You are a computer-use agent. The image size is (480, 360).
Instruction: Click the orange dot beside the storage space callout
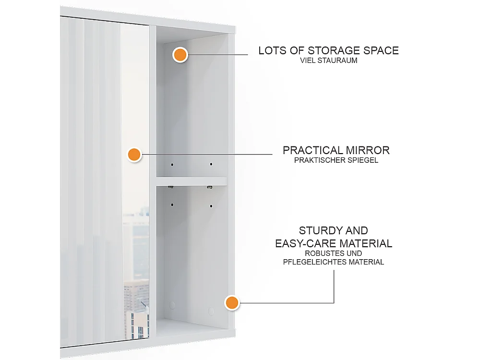click(x=180, y=55)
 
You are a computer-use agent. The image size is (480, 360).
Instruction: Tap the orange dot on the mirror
click(x=134, y=155)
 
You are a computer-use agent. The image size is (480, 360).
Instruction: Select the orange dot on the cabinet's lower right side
click(x=232, y=302)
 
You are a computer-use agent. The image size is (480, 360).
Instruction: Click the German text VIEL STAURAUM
click(x=329, y=61)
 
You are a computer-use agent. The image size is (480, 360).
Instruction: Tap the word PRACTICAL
click(x=313, y=150)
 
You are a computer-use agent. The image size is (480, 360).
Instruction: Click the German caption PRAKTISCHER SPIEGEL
click(x=336, y=160)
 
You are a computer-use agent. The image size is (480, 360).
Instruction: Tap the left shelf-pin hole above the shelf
click(x=172, y=165)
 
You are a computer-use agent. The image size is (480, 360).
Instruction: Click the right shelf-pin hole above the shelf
click(x=210, y=165)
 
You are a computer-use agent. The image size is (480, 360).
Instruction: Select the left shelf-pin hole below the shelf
click(x=172, y=205)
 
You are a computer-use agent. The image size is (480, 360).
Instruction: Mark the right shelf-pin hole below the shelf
click(x=210, y=206)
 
